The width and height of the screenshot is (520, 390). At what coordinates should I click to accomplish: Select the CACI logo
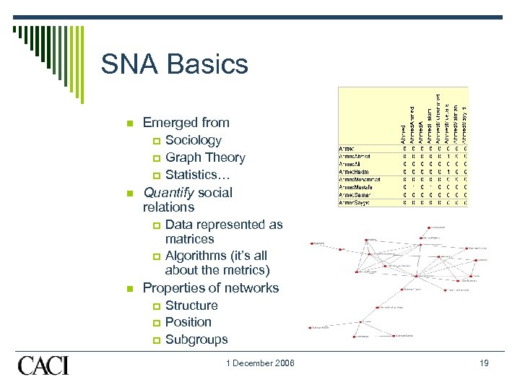(x=43, y=365)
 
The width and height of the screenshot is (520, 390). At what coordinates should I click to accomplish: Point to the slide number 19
(x=483, y=363)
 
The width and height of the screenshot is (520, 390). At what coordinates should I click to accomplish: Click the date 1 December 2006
(x=249, y=363)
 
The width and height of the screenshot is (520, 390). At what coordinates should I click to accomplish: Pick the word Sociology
(x=193, y=140)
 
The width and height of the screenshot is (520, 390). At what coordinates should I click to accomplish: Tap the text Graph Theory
(x=205, y=157)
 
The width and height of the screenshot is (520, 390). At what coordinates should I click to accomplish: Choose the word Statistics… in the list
(x=197, y=175)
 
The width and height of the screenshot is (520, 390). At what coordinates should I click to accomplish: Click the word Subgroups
(x=196, y=339)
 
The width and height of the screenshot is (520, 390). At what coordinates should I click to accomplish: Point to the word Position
(x=188, y=322)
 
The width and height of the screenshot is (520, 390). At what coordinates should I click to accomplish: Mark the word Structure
(x=191, y=305)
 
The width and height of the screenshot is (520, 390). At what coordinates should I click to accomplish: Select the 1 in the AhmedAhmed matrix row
(x=448, y=156)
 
